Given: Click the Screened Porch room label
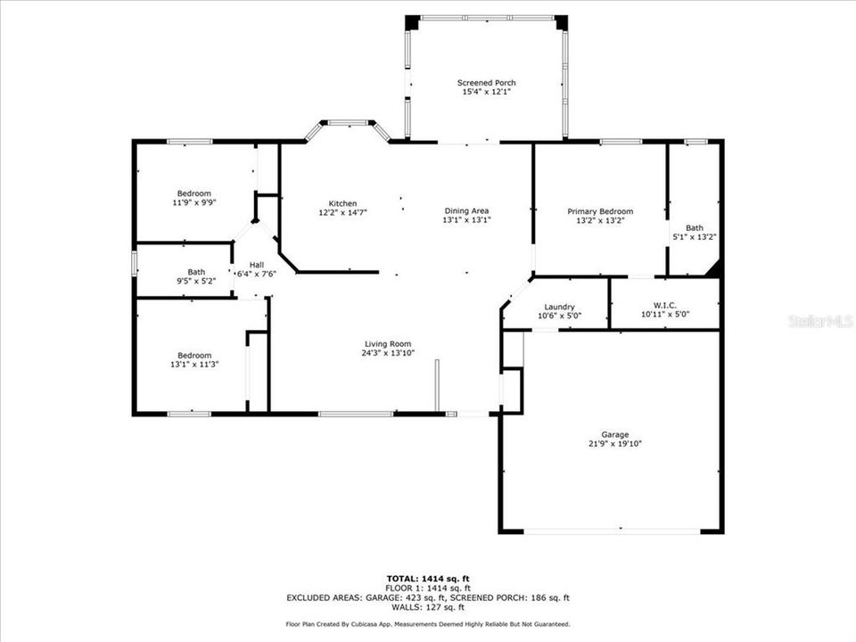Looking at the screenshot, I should click(486, 83).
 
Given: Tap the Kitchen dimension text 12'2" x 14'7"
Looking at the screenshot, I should click(342, 212).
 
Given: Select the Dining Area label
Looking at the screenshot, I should click(468, 210).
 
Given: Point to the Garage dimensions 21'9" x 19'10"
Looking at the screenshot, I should click(614, 443).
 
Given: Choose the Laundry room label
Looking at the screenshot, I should click(559, 307).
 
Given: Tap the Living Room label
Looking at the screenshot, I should click(387, 344).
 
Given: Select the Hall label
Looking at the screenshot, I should click(257, 265).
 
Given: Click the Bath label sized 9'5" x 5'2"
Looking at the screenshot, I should click(196, 272).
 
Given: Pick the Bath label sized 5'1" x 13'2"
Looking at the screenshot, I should click(694, 227).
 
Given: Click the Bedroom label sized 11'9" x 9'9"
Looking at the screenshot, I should click(193, 193).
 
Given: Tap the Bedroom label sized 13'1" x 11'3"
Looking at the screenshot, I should click(193, 355).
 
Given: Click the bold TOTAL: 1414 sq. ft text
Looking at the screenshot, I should click(428, 579).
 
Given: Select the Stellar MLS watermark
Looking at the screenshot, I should click(820, 320).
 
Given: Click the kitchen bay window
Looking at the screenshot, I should click(348, 124).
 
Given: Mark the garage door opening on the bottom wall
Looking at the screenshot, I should click(612, 531).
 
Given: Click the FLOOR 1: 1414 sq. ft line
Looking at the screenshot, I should click(428, 588).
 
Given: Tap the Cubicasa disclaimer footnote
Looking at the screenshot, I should click(428, 624).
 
